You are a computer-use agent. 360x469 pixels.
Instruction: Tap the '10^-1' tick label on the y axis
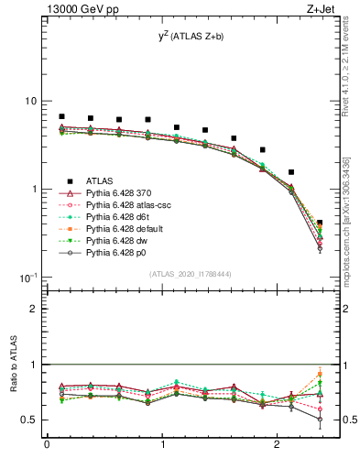[29, 277]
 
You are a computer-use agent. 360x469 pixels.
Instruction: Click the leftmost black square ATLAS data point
[61, 116]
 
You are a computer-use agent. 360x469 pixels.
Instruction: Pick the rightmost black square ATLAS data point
[320, 223]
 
